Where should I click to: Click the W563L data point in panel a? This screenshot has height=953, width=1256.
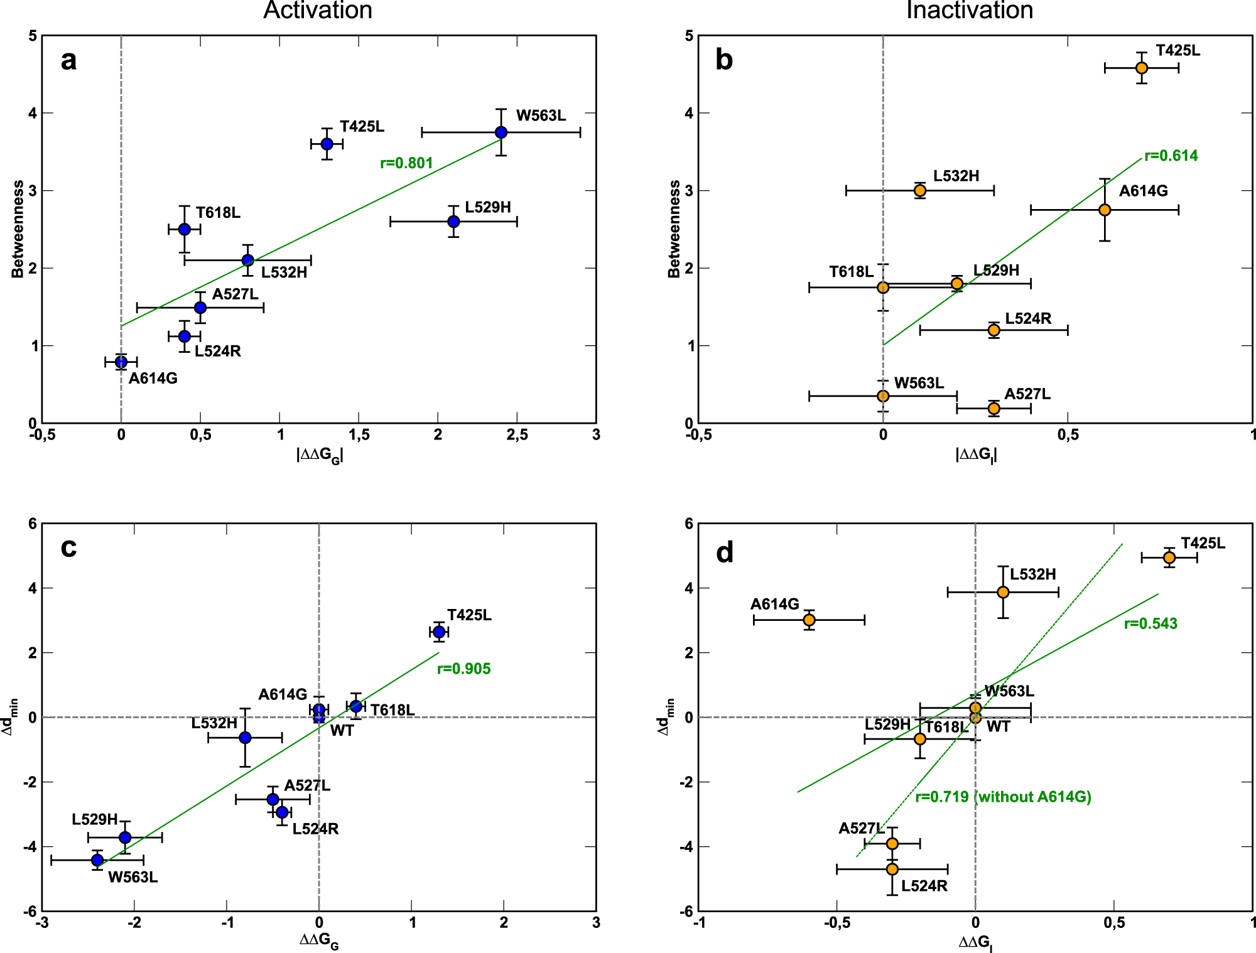point(501,132)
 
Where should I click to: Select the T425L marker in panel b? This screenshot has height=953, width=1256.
point(1142,68)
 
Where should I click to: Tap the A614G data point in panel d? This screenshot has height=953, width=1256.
point(809,620)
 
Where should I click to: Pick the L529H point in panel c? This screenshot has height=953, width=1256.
point(125,837)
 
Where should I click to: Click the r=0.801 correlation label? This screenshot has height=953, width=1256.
point(406,163)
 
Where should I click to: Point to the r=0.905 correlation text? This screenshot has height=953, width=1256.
point(463,669)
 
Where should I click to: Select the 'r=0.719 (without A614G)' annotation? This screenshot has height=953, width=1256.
point(1003,797)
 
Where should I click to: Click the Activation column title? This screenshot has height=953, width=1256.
point(318,11)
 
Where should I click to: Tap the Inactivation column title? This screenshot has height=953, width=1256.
point(970,11)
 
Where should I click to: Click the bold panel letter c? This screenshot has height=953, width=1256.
point(68,548)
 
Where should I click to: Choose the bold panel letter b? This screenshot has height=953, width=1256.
point(724,60)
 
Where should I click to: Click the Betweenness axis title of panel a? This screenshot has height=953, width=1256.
point(18,229)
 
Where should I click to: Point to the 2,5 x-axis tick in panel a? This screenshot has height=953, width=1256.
point(517,435)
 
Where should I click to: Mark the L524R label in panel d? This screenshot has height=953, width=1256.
point(924,886)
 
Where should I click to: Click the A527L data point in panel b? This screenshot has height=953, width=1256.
point(993,409)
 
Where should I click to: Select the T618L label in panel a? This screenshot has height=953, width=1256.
point(218,213)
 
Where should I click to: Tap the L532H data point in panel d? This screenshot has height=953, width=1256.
point(1003,592)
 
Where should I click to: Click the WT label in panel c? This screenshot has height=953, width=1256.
point(342,731)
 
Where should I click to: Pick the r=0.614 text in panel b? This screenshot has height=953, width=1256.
point(1171,156)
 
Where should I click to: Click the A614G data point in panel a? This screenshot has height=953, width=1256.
point(121,362)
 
